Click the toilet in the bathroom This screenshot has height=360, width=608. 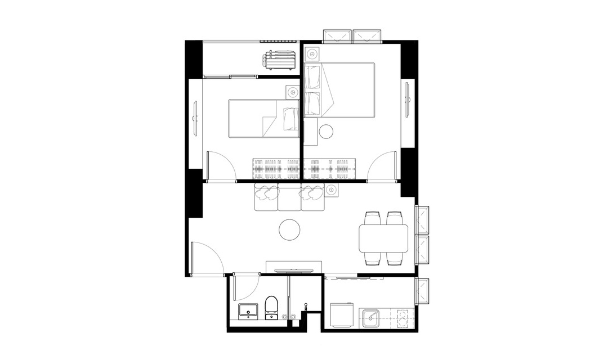point(271,307)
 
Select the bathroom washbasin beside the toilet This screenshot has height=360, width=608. point(248,310)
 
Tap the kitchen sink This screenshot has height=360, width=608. point(372,317)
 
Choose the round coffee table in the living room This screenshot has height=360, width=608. point(290,229)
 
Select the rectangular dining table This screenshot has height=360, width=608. point(383,238)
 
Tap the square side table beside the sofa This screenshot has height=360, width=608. point(331,190)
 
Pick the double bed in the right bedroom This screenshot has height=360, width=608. point(340,90)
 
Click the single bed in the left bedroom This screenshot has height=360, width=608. point(263,118)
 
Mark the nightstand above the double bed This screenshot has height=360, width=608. point(312,55)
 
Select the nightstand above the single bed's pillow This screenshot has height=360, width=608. point(292,91)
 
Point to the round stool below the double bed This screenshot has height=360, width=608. point(326,132)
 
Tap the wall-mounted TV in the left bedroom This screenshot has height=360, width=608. point(195,118)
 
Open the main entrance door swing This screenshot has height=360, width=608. point(207,259)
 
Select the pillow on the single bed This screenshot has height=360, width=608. point(291,119)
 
